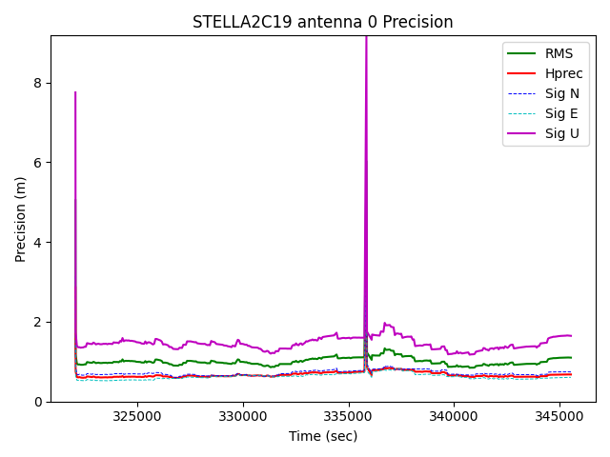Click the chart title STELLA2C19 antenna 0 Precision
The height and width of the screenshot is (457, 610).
[x=323, y=22]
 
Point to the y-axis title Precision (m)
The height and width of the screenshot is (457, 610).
[x=21, y=219]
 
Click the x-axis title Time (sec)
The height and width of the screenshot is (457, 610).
[x=323, y=436]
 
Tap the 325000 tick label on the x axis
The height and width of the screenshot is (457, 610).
[x=137, y=416]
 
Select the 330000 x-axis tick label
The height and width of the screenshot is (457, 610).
[x=242, y=416]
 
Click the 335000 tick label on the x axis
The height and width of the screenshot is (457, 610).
[x=348, y=416]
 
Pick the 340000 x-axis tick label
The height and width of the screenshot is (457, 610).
[x=453, y=416]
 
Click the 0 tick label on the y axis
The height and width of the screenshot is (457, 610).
[x=39, y=402]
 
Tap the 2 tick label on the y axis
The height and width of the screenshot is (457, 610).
[x=39, y=322]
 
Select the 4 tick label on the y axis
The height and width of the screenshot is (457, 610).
[x=39, y=242]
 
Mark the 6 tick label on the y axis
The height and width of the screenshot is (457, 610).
[x=39, y=163]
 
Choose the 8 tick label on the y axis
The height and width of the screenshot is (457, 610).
[x=39, y=83]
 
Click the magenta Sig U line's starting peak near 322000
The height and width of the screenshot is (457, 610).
[x=75, y=92]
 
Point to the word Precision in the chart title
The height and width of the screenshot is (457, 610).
[x=419, y=22]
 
